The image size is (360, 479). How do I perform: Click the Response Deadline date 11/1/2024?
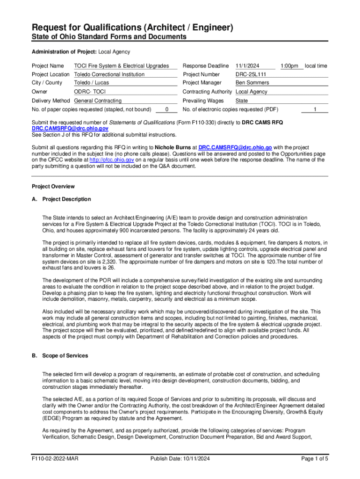(x=248, y=66)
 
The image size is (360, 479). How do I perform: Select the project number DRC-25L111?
(x=251, y=74)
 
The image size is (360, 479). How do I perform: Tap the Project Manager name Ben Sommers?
(x=252, y=83)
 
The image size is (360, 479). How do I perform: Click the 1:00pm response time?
(x=289, y=66)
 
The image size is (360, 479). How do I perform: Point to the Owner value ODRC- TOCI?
(x=90, y=92)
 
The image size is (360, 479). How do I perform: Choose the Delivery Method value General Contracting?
(x=98, y=101)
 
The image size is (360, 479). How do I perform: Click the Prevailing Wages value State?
(x=242, y=101)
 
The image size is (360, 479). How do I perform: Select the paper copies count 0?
(x=167, y=109)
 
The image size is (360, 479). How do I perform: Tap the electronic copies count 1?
(x=315, y=109)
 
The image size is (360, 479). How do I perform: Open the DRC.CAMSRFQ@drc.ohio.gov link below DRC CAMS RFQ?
(x=70, y=129)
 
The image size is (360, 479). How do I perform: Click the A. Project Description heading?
(x=61, y=199)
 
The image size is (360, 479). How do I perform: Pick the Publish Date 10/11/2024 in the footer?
(x=180, y=459)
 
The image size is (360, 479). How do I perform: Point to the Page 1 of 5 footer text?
(x=315, y=459)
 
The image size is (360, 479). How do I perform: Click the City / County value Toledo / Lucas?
(x=92, y=83)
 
